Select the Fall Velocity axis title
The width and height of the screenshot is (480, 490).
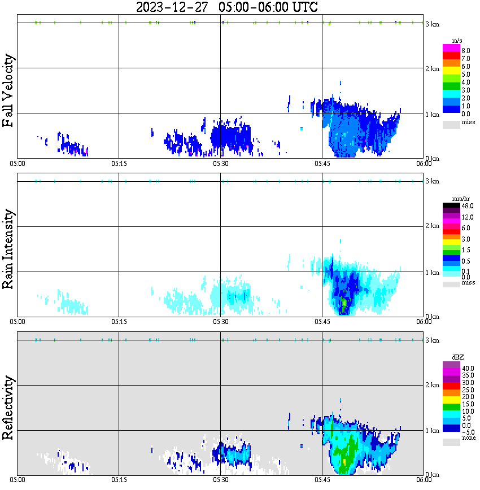click(x=8, y=91)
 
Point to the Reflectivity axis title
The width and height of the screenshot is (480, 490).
click(x=8, y=409)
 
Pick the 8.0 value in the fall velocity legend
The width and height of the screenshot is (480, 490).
click(x=466, y=50)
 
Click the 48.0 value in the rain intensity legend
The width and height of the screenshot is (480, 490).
click(x=467, y=207)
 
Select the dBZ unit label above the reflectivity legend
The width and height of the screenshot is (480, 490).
click(x=457, y=357)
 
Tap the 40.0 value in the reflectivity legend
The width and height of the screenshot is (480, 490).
click(x=467, y=368)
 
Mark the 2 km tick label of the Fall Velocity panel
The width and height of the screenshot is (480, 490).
click(x=432, y=69)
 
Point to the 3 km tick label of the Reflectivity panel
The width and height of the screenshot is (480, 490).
click(x=432, y=340)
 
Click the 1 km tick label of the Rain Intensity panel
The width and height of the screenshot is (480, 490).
click(x=432, y=273)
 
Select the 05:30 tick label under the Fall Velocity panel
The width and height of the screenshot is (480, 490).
click(x=220, y=163)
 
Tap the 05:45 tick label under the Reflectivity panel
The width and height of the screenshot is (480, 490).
click(x=322, y=480)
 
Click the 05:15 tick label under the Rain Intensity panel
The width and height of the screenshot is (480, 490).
click(x=119, y=321)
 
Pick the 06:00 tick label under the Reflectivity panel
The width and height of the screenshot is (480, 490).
click(x=424, y=480)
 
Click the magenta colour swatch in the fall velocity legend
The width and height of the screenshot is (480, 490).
click(x=451, y=48)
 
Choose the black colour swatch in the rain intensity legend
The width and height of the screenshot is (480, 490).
click(x=451, y=206)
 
